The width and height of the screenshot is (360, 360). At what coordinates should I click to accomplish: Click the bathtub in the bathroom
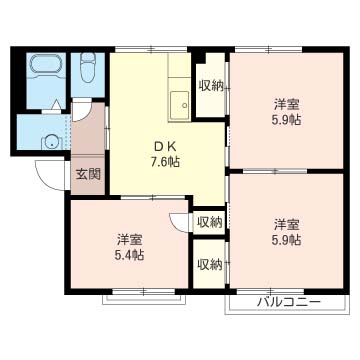click(45, 66)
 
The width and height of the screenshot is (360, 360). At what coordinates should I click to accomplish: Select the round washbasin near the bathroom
click(51, 143)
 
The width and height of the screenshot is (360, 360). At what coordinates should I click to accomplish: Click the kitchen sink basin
click(180, 105)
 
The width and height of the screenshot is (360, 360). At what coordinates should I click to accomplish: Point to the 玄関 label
click(88, 174)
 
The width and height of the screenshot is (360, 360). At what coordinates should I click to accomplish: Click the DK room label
click(167, 147)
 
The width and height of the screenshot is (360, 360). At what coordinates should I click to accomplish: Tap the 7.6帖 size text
click(167, 162)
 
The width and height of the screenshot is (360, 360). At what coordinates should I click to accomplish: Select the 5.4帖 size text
click(130, 255)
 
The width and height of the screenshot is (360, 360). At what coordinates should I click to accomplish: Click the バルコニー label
click(290, 302)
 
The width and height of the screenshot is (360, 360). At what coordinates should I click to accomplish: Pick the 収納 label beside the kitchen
click(211, 86)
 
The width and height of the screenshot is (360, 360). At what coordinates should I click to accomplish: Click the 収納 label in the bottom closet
click(210, 265)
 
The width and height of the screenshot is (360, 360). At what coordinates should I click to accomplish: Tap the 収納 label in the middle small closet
click(210, 222)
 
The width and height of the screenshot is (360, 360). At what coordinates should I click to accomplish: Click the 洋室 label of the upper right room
click(286, 105)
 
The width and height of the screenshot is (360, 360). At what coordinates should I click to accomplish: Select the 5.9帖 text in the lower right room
click(286, 240)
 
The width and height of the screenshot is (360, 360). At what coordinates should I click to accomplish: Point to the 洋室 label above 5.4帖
click(130, 239)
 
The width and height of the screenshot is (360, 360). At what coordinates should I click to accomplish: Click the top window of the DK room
click(151, 50)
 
